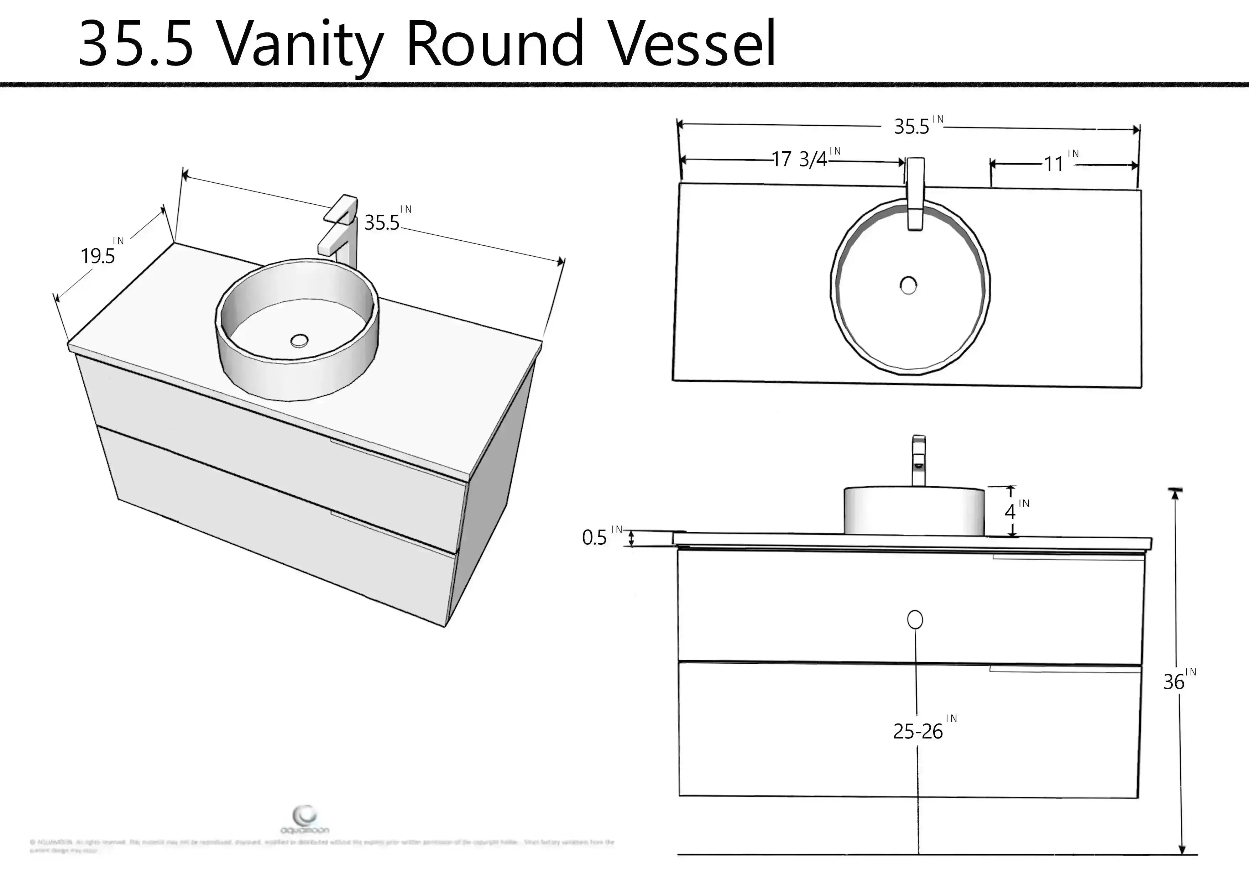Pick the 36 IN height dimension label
point(1178,681)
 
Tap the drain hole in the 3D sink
point(299,341)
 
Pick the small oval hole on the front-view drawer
point(915,620)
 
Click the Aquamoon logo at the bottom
point(304,820)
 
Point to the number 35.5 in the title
point(136,43)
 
